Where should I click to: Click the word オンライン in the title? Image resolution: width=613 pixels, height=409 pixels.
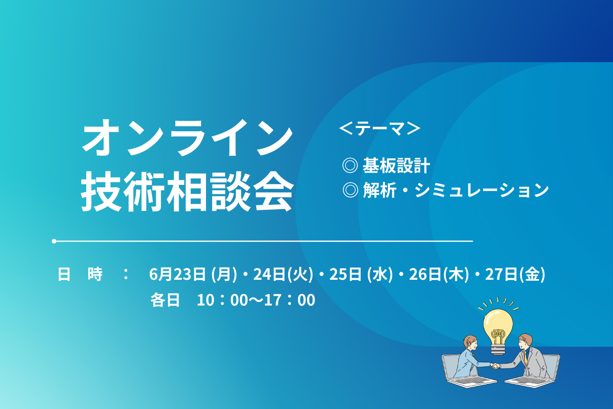[188, 137]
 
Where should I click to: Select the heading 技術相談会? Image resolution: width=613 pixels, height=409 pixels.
[188, 191]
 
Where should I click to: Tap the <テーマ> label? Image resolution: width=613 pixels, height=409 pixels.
[380, 129]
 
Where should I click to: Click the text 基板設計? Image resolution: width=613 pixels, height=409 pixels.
[396, 166]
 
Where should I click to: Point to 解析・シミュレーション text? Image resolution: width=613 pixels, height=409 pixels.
[456, 190]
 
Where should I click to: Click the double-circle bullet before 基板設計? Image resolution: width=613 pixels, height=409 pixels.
[350, 166]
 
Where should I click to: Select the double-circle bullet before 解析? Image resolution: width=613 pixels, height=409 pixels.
[350, 190]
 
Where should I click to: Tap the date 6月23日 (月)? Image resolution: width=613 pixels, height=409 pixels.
[193, 274]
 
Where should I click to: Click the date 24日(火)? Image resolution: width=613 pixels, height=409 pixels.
[283, 274]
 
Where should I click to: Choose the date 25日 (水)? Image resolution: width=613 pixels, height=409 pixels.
[361, 274]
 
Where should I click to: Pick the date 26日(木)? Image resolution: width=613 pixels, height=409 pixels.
[439, 274]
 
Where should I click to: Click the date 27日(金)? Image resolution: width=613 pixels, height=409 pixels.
[515, 274]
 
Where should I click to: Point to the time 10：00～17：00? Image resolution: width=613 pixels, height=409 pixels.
[256, 300]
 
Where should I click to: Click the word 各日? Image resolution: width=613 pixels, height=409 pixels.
[165, 300]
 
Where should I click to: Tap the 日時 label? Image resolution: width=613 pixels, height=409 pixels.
[80, 274]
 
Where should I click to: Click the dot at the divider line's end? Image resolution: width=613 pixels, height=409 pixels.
[54, 241]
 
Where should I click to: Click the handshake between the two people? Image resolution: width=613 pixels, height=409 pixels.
[495, 366]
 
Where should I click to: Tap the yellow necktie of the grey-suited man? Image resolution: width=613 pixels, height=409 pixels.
[526, 357]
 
